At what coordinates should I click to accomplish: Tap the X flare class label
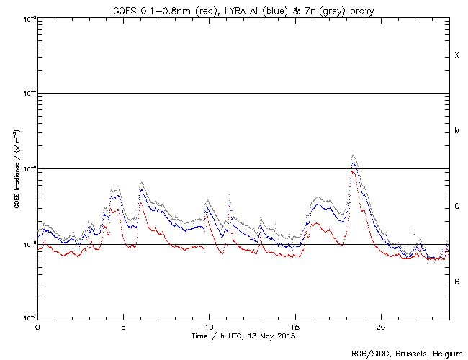point(456,55)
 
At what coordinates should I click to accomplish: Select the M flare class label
point(456,131)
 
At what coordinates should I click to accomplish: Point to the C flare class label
point(456,207)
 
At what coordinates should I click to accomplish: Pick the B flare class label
point(456,282)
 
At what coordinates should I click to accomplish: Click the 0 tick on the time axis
point(37,326)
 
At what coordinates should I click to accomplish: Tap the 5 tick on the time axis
point(123,326)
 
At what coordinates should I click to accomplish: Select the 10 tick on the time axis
point(209,326)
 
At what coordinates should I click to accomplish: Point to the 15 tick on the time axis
point(294,326)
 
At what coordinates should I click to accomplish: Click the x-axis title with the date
point(243,336)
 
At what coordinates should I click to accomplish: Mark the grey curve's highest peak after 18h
point(353,156)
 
